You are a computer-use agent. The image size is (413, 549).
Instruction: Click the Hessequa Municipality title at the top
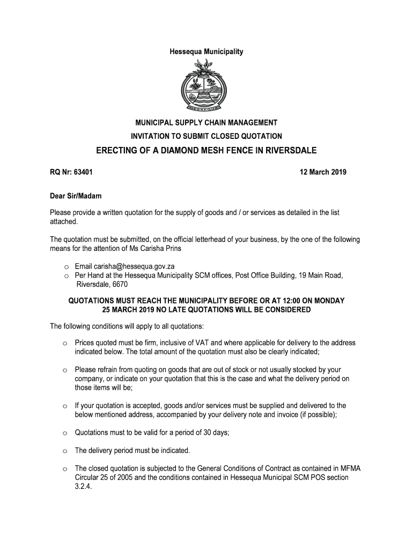206,52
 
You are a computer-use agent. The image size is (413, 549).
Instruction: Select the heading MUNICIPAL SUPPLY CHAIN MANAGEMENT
206,124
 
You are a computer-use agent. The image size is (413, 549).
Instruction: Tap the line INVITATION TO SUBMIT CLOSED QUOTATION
206,136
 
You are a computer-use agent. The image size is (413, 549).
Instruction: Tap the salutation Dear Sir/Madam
76,196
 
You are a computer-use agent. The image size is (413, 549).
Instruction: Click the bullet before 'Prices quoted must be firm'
64,344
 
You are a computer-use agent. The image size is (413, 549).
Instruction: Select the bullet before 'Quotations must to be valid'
64,433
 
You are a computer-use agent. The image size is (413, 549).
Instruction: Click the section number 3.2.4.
83,488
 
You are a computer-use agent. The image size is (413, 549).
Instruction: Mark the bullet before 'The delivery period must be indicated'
64,451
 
